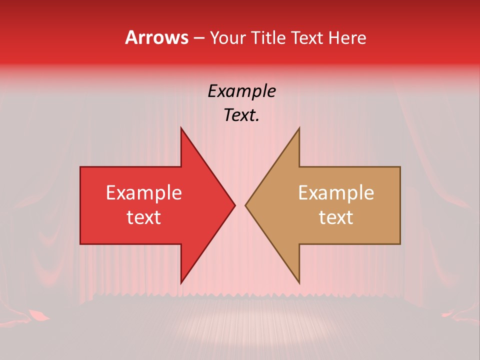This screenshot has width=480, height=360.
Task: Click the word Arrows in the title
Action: [x=156, y=37]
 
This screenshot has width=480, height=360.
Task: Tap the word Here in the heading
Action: [x=347, y=37]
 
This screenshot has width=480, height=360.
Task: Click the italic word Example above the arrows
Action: [x=241, y=91]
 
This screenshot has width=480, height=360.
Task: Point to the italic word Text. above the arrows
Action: [x=241, y=115]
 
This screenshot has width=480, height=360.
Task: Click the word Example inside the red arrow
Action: [x=144, y=193]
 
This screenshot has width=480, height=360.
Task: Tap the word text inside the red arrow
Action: [x=144, y=217]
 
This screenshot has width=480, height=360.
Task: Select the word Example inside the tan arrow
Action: [x=336, y=193]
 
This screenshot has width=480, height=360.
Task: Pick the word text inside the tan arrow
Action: [x=336, y=217]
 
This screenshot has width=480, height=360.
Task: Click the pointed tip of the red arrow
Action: [x=234, y=205]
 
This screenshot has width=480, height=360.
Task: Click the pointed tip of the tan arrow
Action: [x=245, y=205]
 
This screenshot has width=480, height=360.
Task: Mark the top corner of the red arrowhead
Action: [x=181, y=128]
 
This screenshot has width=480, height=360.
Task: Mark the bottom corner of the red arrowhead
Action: [x=181, y=283]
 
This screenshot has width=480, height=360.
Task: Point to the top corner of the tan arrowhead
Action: [x=299, y=128]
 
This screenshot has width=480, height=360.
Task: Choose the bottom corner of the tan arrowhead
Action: [x=299, y=283]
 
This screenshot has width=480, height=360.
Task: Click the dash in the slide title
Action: [x=198, y=38]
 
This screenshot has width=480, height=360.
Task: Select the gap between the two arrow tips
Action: [x=240, y=205]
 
